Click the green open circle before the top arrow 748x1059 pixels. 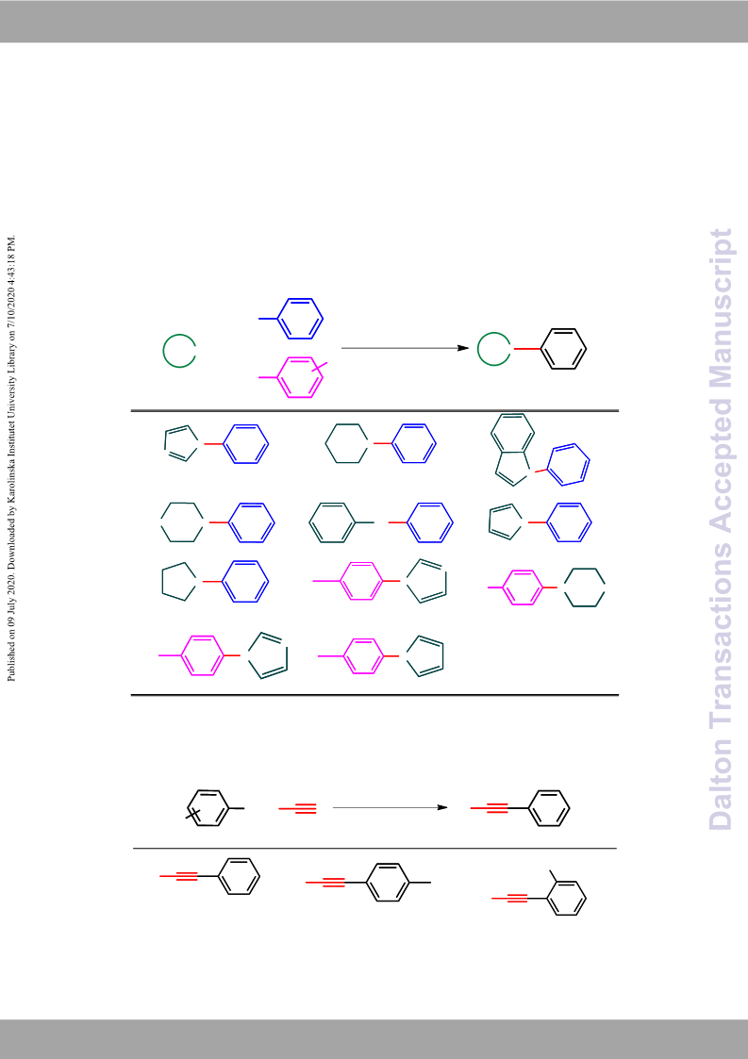pos(180,351)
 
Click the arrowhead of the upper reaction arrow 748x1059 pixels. pos(463,348)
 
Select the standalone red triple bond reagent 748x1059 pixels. pos(297,808)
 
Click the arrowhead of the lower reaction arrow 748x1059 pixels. pos(441,807)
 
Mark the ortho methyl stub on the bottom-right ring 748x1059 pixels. pos(554,876)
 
